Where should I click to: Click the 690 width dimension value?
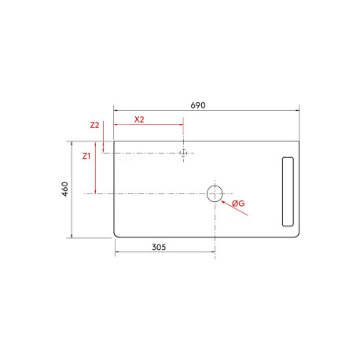(197, 105)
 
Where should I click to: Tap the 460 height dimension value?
(65, 189)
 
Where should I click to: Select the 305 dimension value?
(158, 247)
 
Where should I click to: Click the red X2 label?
(139, 119)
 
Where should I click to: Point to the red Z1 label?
(86, 156)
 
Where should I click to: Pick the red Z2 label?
(94, 125)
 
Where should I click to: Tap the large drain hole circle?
(215, 193)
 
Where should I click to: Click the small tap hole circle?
(183, 152)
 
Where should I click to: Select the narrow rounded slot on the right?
(287, 190)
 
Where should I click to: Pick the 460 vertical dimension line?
(72, 189)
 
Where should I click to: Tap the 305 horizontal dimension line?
(164, 252)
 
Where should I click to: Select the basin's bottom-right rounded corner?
(298, 233)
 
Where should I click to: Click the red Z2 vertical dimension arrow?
(104, 148)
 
